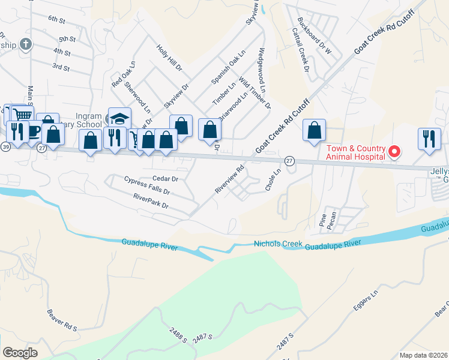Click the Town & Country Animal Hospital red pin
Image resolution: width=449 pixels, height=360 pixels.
(394, 151)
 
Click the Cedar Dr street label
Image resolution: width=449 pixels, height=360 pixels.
(166, 178)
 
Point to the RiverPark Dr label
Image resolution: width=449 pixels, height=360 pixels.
(151, 200)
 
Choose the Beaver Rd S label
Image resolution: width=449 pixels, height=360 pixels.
(62, 320)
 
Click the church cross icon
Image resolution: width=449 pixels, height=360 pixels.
(25, 44)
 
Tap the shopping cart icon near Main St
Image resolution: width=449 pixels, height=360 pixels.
(22, 114)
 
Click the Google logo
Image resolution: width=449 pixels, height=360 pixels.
(20, 353)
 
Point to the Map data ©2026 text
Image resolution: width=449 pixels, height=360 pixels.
(423, 355)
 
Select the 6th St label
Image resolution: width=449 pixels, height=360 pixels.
(56, 20)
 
